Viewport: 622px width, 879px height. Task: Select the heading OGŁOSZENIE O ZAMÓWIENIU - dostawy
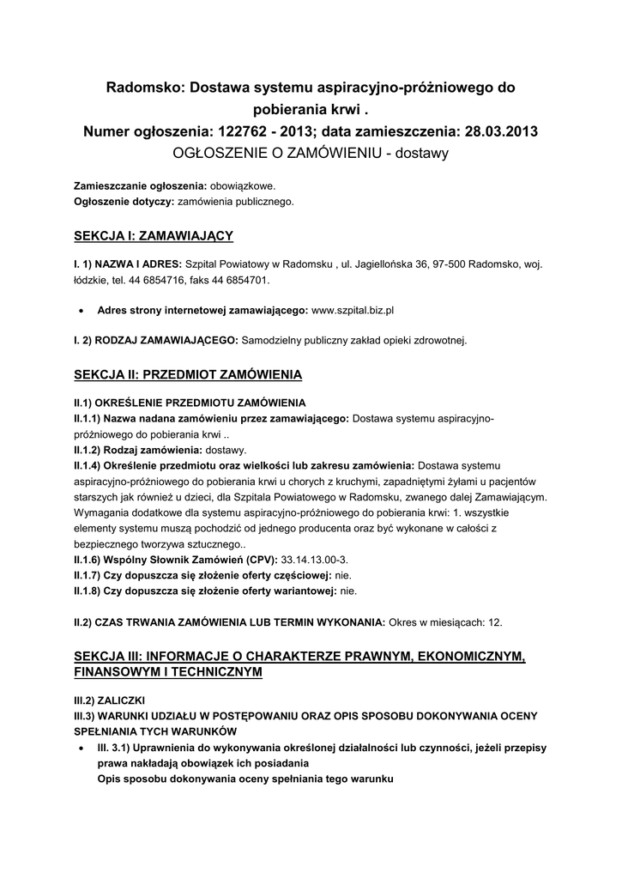pos(311,154)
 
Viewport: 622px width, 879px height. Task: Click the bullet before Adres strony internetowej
pos(81,309)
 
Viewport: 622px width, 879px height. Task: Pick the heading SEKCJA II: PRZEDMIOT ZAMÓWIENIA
pos(189,375)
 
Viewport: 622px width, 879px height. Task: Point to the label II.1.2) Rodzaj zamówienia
pos(137,450)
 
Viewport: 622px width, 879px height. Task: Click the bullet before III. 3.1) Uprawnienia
pos(81,749)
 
